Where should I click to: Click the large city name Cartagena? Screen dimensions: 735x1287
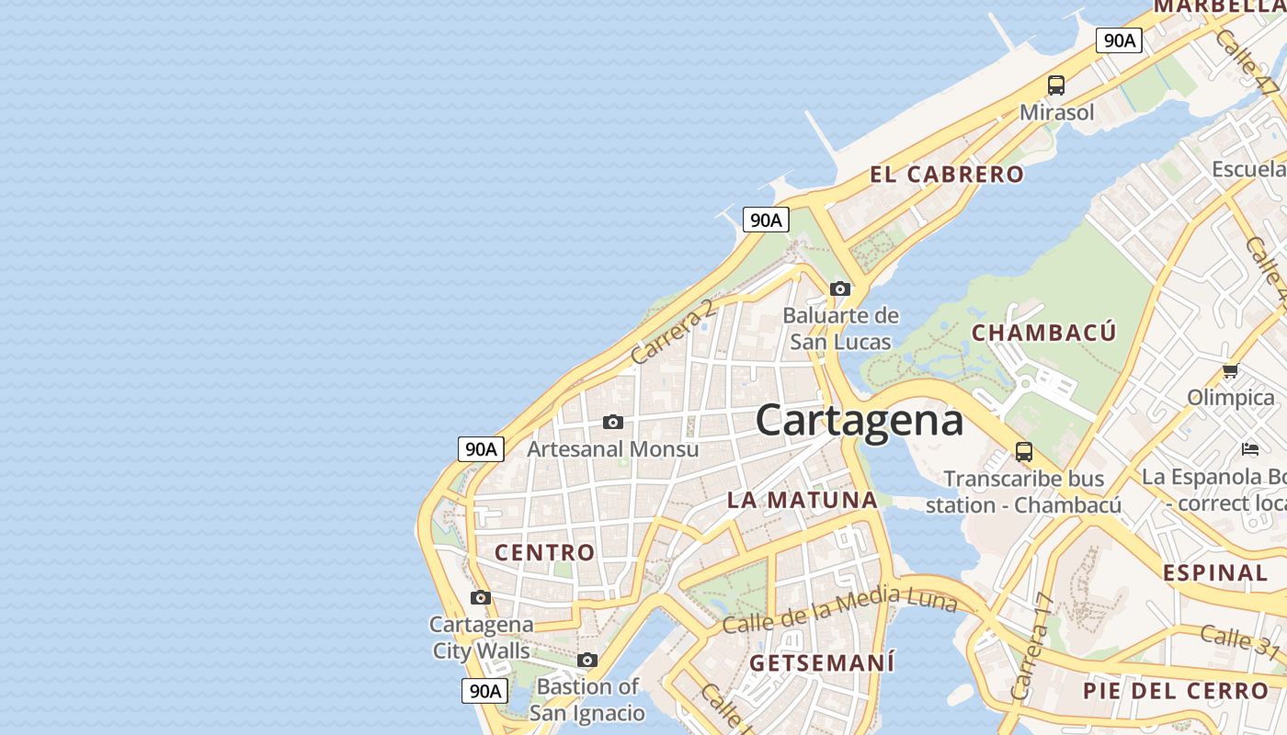coord(860,420)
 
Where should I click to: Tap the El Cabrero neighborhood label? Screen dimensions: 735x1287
coord(946,175)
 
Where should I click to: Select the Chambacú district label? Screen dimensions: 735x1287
coord(1043,333)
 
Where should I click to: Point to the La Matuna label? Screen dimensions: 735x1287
coord(803,501)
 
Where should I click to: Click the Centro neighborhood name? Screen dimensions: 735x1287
coord(545,552)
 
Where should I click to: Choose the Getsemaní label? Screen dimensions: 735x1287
coord(821,662)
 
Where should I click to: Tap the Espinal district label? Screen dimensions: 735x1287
coord(1215,573)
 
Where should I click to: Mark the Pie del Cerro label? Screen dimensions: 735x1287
coord(1175,691)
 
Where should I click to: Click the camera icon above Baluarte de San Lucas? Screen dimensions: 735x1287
coord(839,288)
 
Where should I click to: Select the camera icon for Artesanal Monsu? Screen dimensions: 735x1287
coord(612,422)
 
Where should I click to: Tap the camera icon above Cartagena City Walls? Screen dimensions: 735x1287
coord(480,597)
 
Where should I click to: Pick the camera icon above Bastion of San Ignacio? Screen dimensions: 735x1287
coord(587,660)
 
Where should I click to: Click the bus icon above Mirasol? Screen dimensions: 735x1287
coord(1056,85)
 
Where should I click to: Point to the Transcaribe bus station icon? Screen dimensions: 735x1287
coord(1023,451)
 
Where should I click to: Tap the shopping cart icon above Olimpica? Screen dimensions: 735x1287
coord(1230,370)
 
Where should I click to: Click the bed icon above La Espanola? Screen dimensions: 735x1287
coord(1249,448)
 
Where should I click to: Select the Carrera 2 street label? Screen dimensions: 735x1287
coord(673,331)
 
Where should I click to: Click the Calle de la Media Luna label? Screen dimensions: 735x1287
coord(839,613)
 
